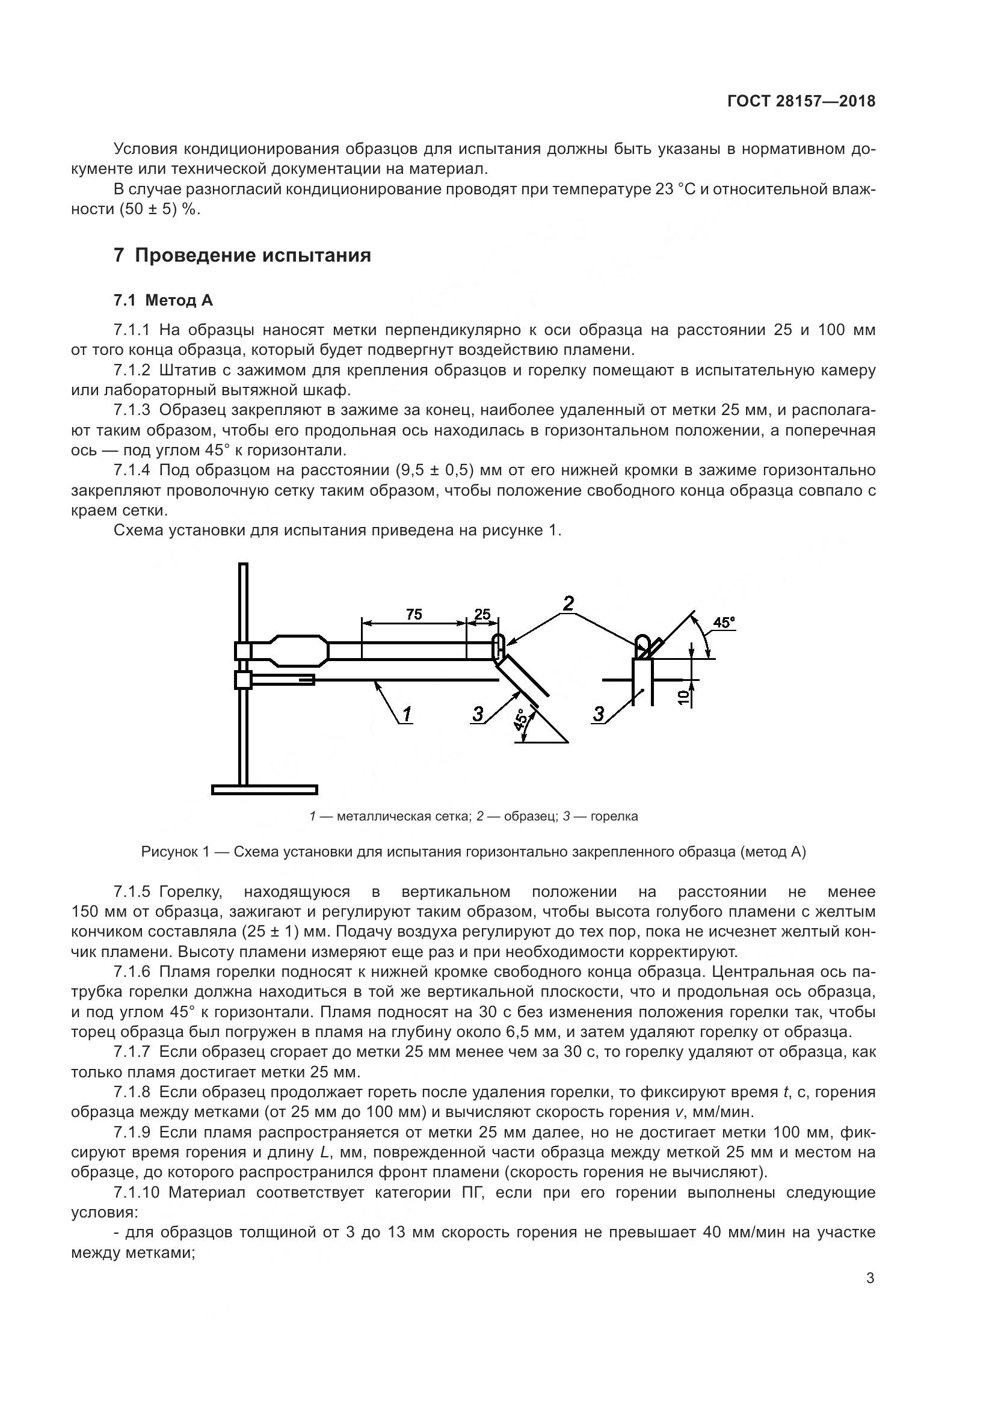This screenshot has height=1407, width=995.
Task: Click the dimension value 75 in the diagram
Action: (414, 614)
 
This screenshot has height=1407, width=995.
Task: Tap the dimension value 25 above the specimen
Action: (483, 614)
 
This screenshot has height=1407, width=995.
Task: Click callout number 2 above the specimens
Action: (568, 603)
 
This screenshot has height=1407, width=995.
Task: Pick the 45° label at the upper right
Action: (724, 623)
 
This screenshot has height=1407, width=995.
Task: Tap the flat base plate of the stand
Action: (265, 790)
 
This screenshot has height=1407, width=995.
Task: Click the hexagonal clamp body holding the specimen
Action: (298, 651)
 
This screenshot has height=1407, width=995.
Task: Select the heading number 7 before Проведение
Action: (119, 255)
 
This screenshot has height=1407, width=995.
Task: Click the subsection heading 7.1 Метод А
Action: (163, 300)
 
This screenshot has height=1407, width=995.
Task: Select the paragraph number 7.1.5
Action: (132, 891)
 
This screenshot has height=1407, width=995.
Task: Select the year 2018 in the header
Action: (857, 101)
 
